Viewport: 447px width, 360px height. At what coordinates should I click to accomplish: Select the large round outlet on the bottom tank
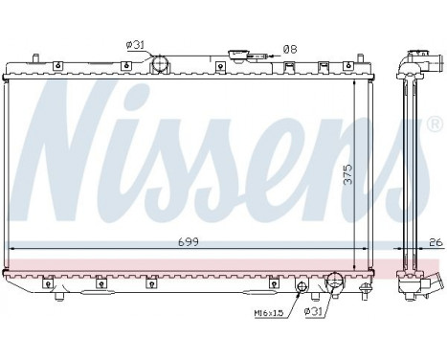pyautogui.click(x=335, y=281)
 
